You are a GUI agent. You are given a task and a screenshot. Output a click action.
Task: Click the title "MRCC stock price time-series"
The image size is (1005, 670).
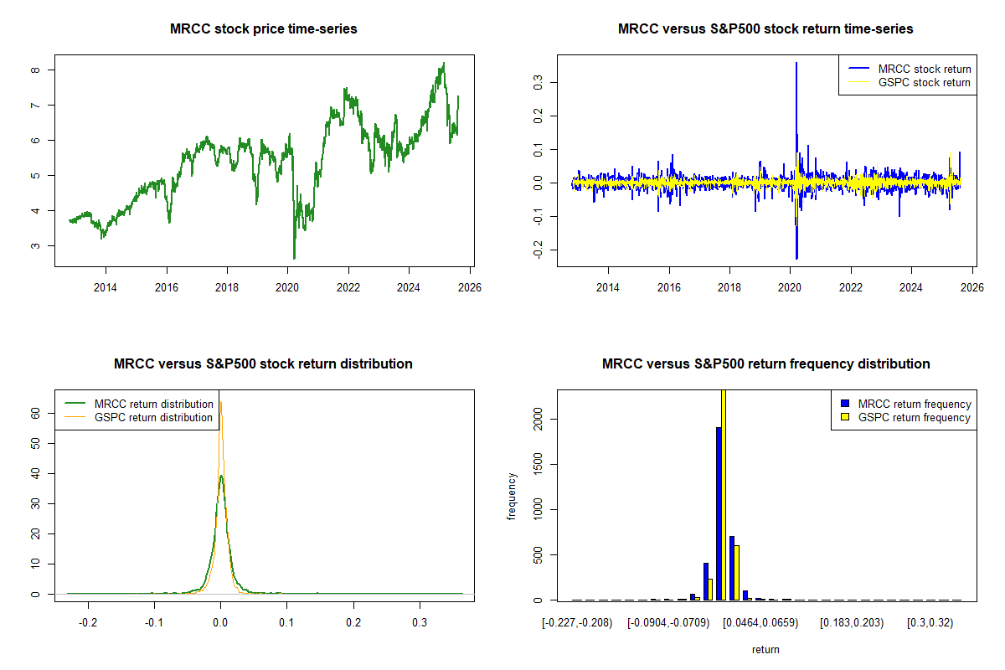(263, 29)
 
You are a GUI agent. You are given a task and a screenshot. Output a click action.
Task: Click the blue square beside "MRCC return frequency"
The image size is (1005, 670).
(845, 404)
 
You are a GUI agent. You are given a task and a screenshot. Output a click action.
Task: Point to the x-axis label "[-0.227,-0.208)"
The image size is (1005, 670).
(578, 623)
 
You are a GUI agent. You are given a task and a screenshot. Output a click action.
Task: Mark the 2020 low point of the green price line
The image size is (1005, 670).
(294, 259)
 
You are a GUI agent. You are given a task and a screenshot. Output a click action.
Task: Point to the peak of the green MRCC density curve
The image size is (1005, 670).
(221, 476)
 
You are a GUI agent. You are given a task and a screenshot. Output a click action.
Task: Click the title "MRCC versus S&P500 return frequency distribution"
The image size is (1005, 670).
(765, 364)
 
